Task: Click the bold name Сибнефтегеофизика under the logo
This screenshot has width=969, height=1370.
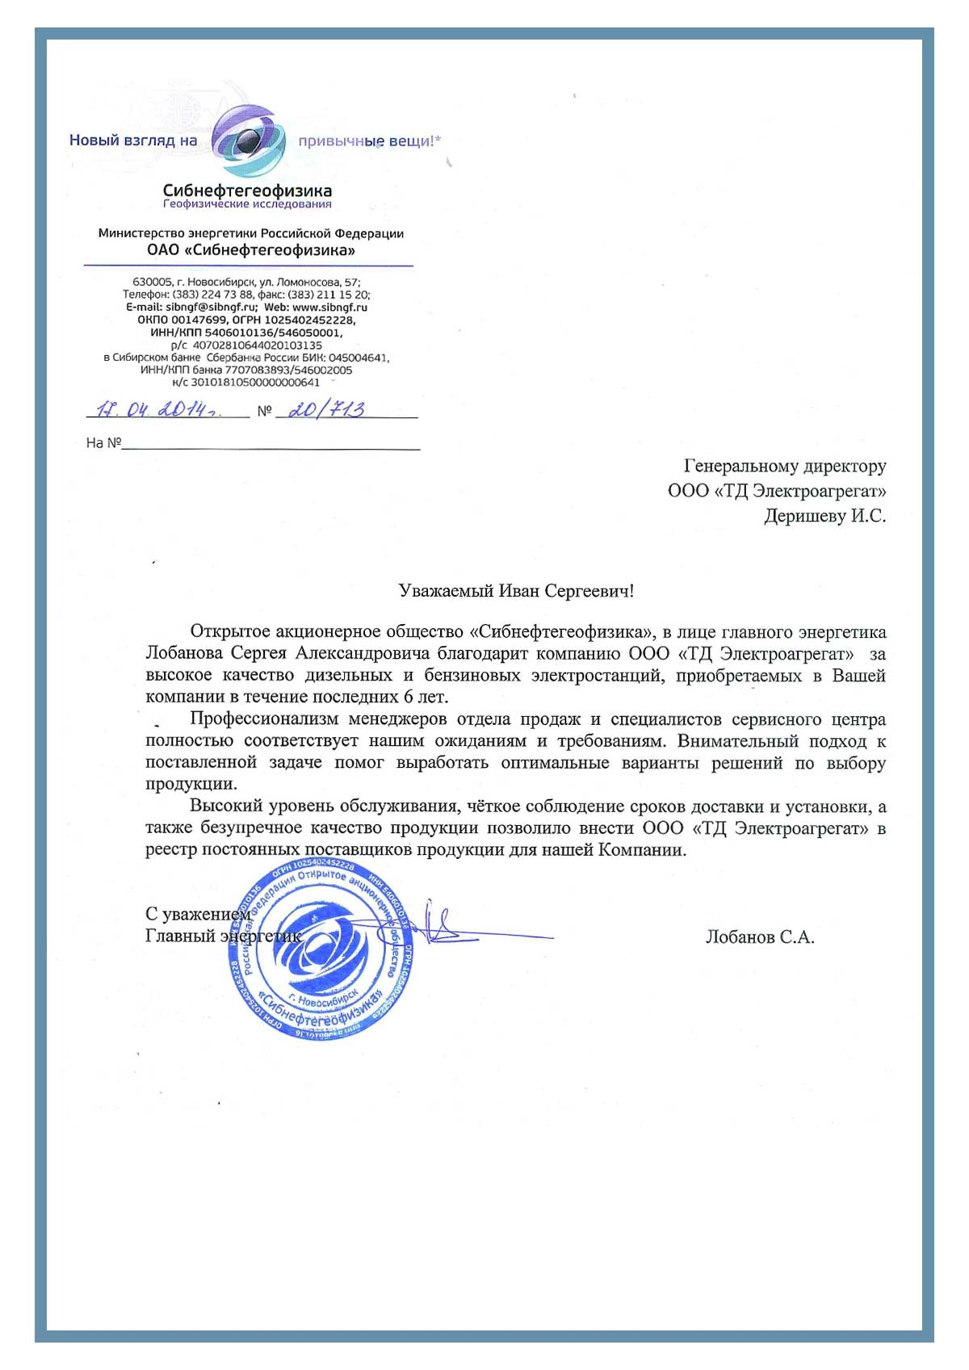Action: (x=247, y=191)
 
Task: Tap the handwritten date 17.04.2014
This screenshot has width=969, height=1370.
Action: (x=157, y=409)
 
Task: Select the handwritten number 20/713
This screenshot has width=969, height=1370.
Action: (x=326, y=409)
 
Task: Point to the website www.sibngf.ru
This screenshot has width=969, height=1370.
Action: (x=329, y=308)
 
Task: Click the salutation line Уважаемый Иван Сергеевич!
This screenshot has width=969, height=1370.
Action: (x=516, y=591)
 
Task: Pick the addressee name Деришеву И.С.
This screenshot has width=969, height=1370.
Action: (x=824, y=516)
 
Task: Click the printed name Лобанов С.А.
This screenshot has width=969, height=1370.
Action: (x=759, y=937)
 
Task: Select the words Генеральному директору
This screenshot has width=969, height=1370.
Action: (x=785, y=466)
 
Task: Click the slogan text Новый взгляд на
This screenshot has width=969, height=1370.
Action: (x=133, y=140)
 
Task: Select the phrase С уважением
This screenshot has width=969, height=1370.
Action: (x=198, y=914)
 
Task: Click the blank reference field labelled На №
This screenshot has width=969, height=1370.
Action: (x=271, y=442)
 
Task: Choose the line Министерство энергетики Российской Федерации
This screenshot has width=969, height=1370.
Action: (x=250, y=233)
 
